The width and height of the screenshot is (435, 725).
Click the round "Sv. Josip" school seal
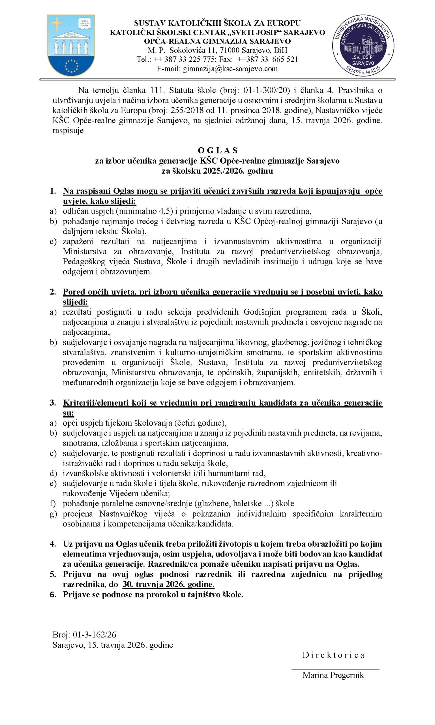pos(363,46)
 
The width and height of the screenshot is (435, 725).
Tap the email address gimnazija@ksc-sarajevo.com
pos(230,69)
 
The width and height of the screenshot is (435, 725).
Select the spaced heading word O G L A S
pos(217,150)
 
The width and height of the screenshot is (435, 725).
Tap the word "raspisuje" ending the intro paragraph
pos(68,131)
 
